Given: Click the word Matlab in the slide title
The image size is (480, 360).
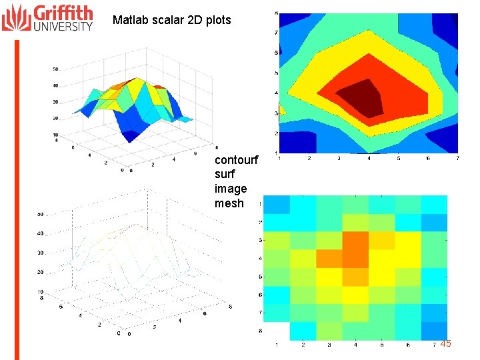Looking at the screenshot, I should [129, 20].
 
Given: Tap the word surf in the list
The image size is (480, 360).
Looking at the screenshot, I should [225, 174].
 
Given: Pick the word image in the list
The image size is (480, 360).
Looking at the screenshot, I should [231, 189].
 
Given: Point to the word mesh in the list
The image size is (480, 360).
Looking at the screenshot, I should [229, 203].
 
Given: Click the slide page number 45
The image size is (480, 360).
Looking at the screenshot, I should [445, 343].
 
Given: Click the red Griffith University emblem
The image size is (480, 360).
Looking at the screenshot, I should [17, 18].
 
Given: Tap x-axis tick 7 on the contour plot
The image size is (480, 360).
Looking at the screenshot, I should [457, 158].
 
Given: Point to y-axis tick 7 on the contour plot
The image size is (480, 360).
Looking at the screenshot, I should [276, 33].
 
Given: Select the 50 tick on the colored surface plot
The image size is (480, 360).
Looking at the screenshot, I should [56, 69].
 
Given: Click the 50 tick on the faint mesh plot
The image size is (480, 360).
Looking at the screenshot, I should [41, 214].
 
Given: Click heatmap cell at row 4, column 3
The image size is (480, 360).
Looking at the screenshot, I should [329, 258].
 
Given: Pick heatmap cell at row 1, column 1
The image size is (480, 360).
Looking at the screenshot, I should [277, 204].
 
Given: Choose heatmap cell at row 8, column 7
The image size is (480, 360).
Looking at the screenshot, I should [433, 331].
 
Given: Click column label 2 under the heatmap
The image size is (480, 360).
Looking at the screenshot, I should [303, 345].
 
